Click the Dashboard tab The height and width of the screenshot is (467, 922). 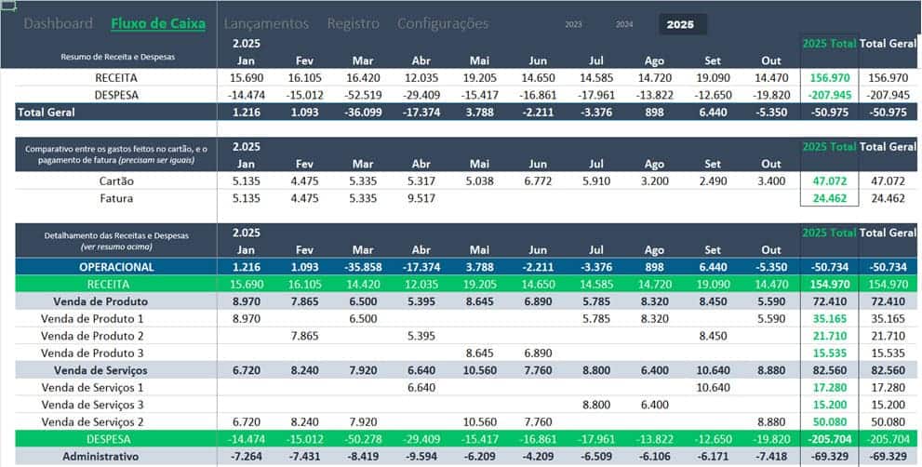point(58,23)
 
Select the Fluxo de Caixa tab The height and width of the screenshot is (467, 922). point(157,23)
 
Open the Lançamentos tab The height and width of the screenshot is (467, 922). point(266,23)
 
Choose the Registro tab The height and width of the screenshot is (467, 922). point(353,23)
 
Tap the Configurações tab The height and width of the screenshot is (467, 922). point(442,23)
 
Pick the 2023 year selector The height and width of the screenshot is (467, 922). point(574,25)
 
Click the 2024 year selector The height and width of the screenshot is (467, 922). point(624,25)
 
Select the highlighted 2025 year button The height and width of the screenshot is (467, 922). point(681,25)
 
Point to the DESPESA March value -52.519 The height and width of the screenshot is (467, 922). point(363,95)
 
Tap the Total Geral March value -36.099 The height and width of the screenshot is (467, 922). point(363,112)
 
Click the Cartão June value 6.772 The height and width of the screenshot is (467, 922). point(539,181)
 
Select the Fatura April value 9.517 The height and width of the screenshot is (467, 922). point(421,198)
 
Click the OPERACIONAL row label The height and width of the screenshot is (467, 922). point(116,267)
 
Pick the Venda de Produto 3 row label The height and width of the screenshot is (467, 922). point(93,353)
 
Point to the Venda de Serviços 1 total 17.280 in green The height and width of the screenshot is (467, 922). point(831,387)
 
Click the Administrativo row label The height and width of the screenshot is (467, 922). point(100,457)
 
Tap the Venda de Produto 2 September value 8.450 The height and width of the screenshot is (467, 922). point(714,336)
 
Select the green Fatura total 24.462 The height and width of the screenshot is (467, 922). point(831,198)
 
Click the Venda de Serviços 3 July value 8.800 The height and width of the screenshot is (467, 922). point(596,405)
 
